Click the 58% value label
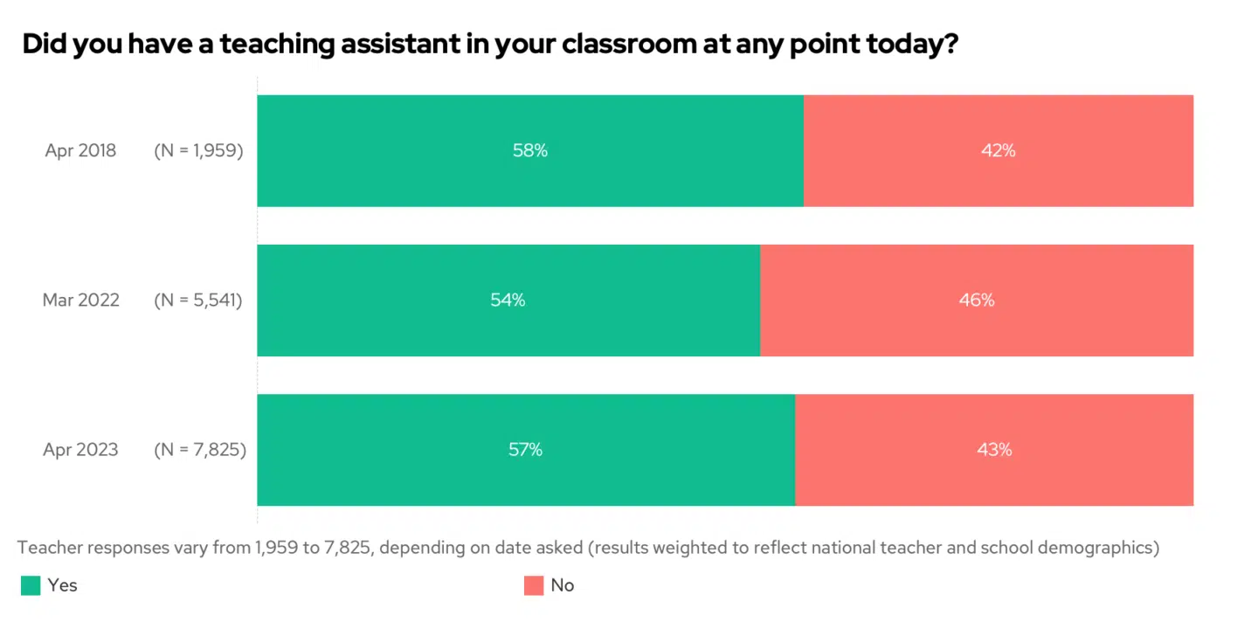point(530,150)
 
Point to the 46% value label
point(977,300)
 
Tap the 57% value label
point(525,450)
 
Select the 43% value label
point(994,450)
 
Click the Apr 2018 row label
point(80,150)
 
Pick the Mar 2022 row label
point(80,300)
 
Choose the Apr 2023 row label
point(80,450)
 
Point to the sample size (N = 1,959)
point(198,150)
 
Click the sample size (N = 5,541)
point(198,300)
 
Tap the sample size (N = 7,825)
point(200,450)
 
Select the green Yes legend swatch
point(31,585)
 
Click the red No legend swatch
point(534,585)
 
